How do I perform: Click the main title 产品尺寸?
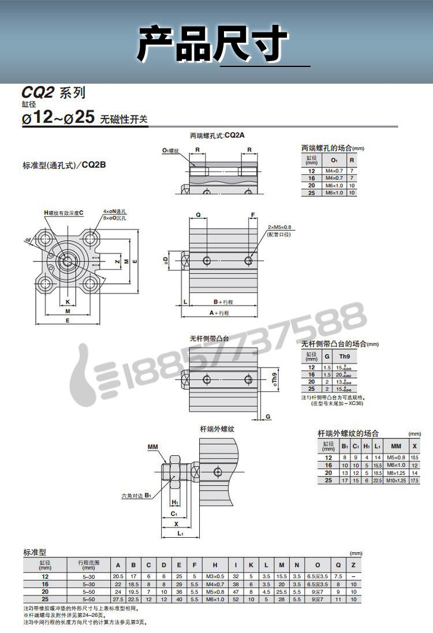click(212, 44)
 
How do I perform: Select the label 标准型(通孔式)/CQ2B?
click(64, 165)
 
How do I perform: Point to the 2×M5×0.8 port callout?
click(280, 227)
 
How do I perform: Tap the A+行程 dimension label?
click(219, 312)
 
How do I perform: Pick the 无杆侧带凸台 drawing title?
click(209, 338)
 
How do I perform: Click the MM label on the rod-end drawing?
click(152, 447)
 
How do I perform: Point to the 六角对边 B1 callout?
click(136, 495)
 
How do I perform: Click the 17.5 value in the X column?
click(415, 480)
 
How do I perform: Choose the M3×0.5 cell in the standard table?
click(215, 576)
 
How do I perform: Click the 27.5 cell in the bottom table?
click(118, 600)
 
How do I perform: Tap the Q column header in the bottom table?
click(338, 565)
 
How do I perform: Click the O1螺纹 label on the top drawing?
click(171, 150)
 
